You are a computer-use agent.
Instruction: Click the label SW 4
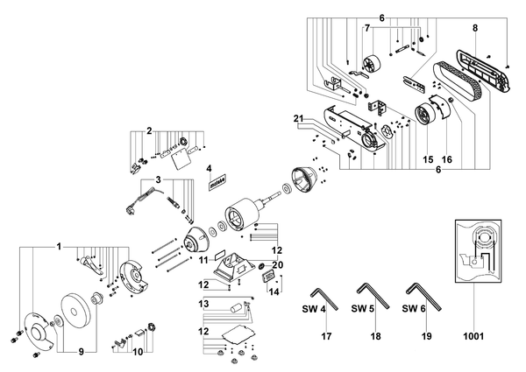[314, 309]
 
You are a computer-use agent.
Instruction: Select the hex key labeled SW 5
[373, 296]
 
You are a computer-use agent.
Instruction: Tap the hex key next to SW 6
[423, 297]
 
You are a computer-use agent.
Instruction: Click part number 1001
[473, 336]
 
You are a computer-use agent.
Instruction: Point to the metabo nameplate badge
[217, 182]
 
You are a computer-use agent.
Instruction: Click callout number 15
[428, 159]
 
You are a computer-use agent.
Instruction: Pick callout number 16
[447, 159]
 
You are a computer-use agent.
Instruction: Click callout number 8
[474, 28]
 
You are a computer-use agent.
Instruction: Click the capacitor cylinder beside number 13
[235, 307]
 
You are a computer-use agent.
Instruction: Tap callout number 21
[298, 119]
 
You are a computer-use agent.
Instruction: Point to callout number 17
[326, 336]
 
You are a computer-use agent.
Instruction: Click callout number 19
[426, 336]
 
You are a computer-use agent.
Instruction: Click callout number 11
[204, 259]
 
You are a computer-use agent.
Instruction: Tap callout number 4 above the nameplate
[209, 168]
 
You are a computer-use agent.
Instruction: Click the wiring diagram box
[478, 251]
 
